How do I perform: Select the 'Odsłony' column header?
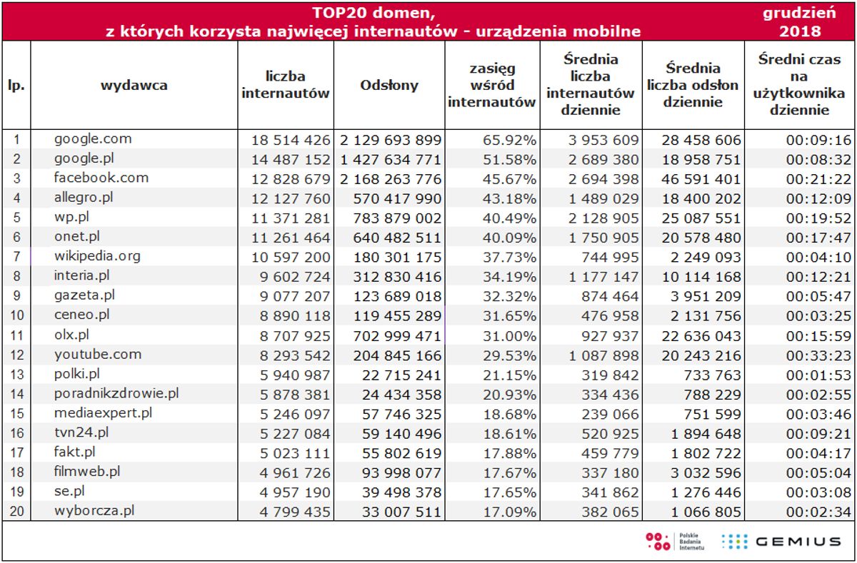[x=389, y=85]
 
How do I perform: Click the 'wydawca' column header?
[x=134, y=85]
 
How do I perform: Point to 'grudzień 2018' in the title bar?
[x=800, y=21]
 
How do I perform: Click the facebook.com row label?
[x=101, y=178]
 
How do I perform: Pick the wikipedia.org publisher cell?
[x=97, y=255]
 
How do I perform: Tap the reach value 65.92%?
[x=510, y=140]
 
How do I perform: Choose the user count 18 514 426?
[x=291, y=140]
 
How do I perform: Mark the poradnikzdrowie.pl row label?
[x=116, y=393]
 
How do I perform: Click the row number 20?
[x=16, y=510]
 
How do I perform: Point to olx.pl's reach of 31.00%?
[x=510, y=335]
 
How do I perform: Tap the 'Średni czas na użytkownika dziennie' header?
[x=800, y=85]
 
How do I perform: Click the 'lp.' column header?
[x=16, y=85]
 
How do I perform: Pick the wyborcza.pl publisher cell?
[x=94, y=510]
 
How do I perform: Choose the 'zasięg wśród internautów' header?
[x=492, y=85]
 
